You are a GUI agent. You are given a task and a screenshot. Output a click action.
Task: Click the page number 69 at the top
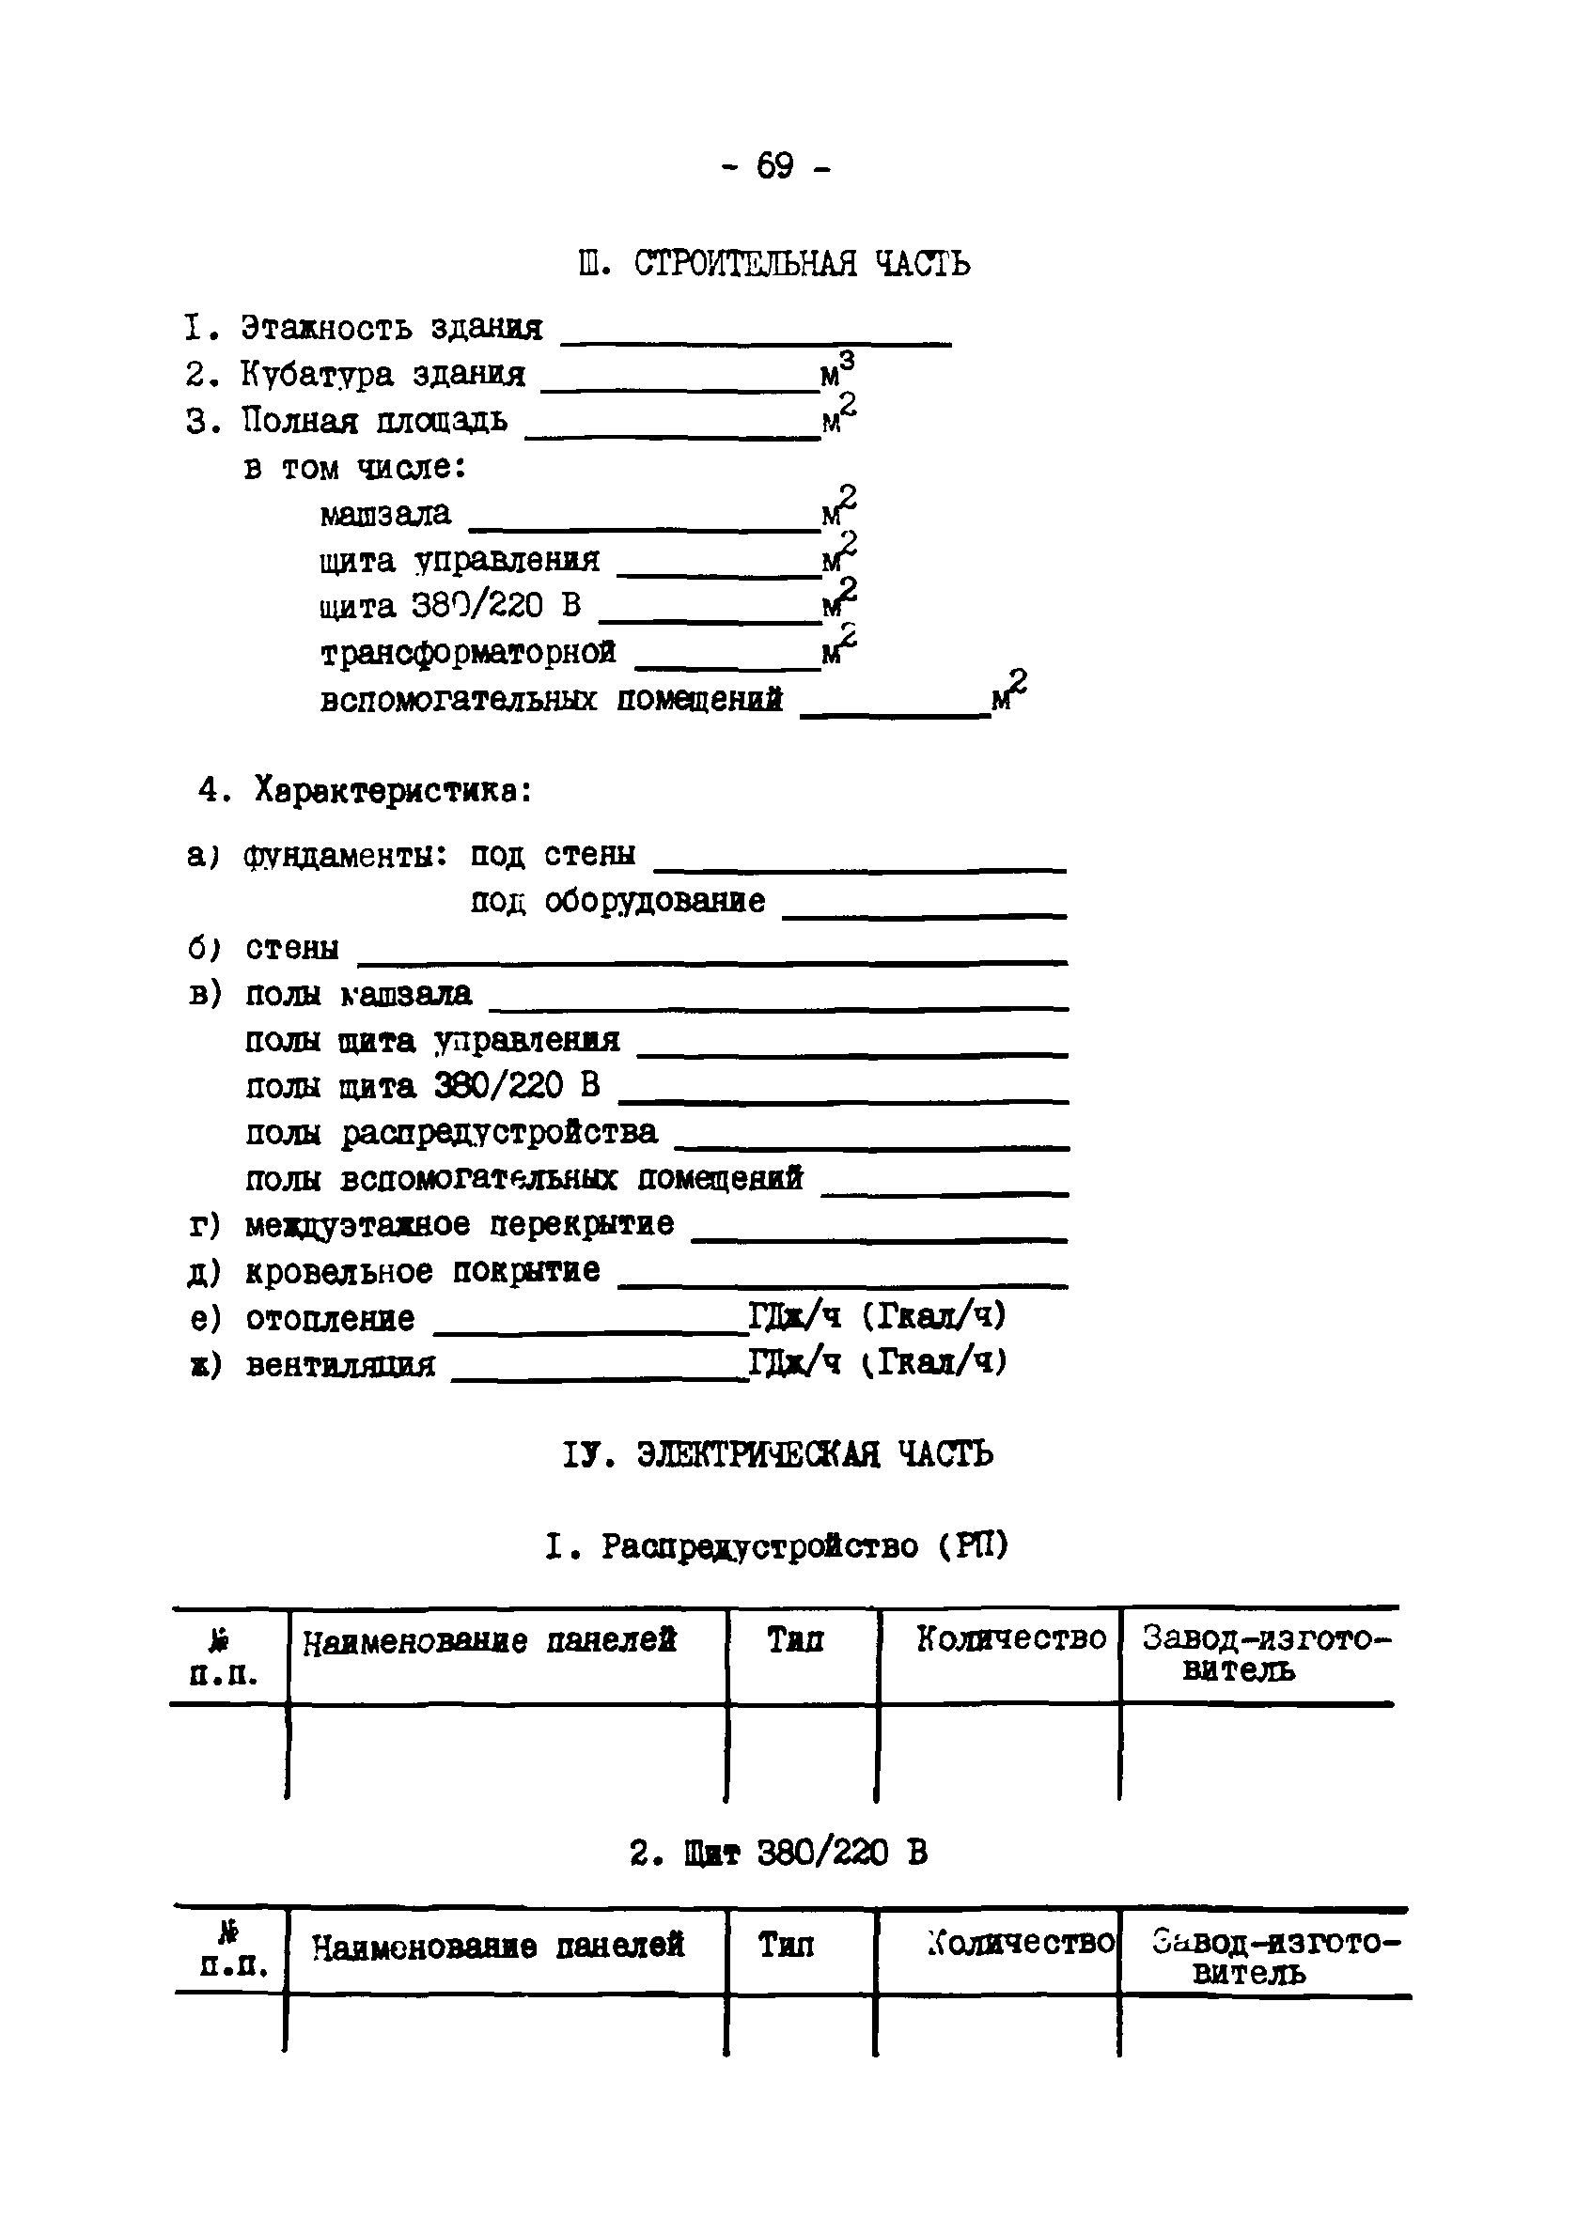775,167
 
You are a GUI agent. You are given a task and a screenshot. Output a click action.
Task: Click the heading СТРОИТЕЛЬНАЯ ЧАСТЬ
801,263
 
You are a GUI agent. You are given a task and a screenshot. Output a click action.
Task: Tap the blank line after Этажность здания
756,341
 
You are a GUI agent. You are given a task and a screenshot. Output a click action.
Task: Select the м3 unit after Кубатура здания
837,371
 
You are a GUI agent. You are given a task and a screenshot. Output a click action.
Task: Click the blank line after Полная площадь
672,435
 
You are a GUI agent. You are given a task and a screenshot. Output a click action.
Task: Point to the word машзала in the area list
385,514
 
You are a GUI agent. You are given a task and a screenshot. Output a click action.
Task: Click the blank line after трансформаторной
727,666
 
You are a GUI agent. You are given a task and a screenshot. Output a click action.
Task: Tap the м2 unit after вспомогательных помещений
1008,692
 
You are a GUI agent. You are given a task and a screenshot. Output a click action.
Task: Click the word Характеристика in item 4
392,791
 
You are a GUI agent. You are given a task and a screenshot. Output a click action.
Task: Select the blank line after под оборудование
924,914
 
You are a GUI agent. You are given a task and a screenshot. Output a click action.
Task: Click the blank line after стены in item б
711,961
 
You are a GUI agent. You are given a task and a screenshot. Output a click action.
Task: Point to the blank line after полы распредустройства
871,1146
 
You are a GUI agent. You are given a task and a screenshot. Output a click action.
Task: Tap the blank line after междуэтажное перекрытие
879,1238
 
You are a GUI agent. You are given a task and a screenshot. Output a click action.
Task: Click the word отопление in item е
330,1318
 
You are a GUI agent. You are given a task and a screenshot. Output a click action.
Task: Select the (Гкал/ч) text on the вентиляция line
934,1363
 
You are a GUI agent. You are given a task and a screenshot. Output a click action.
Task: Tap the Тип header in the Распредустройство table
795,1639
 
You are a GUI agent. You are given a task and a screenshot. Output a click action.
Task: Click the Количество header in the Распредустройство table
1011,1638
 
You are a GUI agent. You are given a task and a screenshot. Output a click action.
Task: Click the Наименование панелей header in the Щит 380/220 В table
497,1946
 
